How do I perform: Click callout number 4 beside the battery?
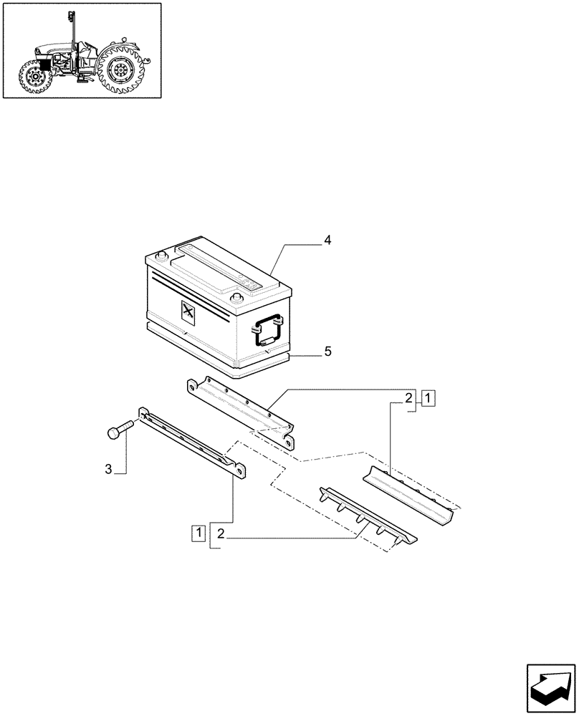point(327,241)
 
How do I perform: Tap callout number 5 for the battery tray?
point(327,351)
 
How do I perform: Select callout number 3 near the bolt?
point(109,470)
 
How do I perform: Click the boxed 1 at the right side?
point(427,399)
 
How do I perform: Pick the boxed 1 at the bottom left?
point(198,532)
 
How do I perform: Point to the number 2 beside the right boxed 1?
point(408,398)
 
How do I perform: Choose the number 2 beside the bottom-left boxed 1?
point(221,533)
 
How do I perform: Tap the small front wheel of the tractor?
point(34,78)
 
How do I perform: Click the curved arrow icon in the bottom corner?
point(550,688)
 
